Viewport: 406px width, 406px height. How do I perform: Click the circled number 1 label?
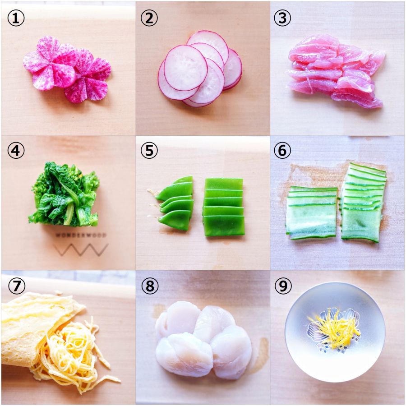[16, 18]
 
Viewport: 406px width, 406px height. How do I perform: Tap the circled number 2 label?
[149, 18]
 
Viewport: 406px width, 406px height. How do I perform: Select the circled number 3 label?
[282, 18]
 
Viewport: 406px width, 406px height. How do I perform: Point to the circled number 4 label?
[16, 151]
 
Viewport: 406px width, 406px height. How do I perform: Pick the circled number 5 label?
[149, 151]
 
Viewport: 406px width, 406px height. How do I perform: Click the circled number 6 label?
[282, 151]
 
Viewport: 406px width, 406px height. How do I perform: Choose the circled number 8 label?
[150, 286]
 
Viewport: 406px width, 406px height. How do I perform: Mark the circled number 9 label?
[283, 286]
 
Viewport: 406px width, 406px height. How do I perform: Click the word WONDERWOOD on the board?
[81, 235]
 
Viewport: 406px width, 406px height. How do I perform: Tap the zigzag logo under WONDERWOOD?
[81, 249]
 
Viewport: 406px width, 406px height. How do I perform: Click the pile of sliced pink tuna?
[336, 71]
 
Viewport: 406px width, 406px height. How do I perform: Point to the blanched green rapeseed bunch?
[64, 194]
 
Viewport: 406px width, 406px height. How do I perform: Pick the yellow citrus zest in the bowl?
[334, 328]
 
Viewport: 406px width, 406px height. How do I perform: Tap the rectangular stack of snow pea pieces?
[224, 207]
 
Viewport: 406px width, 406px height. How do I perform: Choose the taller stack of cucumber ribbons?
[364, 203]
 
